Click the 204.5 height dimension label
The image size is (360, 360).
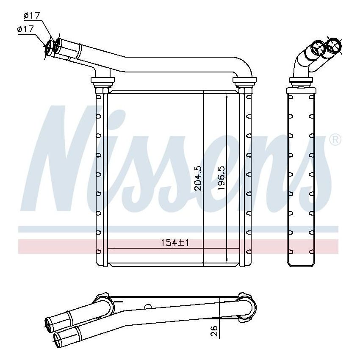(x=199, y=177)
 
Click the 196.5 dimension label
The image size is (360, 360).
(x=221, y=177)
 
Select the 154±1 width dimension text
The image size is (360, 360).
(x=174, y=243)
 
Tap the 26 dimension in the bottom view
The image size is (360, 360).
(x=214, y=330)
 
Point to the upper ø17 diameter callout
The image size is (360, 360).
(x=32, y=16)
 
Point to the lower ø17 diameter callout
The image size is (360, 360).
(x=25, y=29)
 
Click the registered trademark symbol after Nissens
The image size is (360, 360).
(x=335, y=140)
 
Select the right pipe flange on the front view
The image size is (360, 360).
(x=243, y=80)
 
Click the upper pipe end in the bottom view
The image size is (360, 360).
(x=50, y=323)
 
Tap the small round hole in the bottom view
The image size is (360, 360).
(x=148, y=307)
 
